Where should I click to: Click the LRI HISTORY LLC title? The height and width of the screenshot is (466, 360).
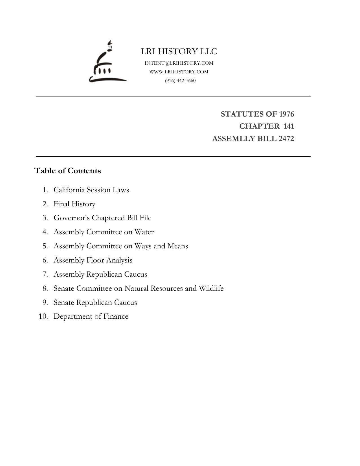[179, 51]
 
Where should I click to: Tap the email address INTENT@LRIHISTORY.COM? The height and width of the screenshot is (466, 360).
[179, 63]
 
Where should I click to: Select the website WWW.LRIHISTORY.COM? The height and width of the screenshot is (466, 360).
[179, 72]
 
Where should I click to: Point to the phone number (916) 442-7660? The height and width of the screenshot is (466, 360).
[180, 80]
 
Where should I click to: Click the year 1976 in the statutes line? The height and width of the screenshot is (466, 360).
[286, 114]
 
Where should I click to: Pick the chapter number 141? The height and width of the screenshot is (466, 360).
[289, 126]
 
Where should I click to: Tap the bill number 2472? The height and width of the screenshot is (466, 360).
[286, 139]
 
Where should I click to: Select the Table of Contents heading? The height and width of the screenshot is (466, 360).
[67, 171]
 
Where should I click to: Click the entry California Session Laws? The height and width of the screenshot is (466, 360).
[91, 190]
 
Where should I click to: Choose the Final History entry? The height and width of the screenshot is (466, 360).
[74, 204]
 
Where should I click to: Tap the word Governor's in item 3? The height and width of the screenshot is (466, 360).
[72, 218]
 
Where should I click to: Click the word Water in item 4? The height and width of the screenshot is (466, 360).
[144, 232]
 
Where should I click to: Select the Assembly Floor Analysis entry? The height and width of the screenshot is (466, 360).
[93, 260]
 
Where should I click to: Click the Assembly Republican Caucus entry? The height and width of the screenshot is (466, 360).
[100, 274]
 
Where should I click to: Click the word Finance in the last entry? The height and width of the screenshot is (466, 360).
[116, 316]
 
